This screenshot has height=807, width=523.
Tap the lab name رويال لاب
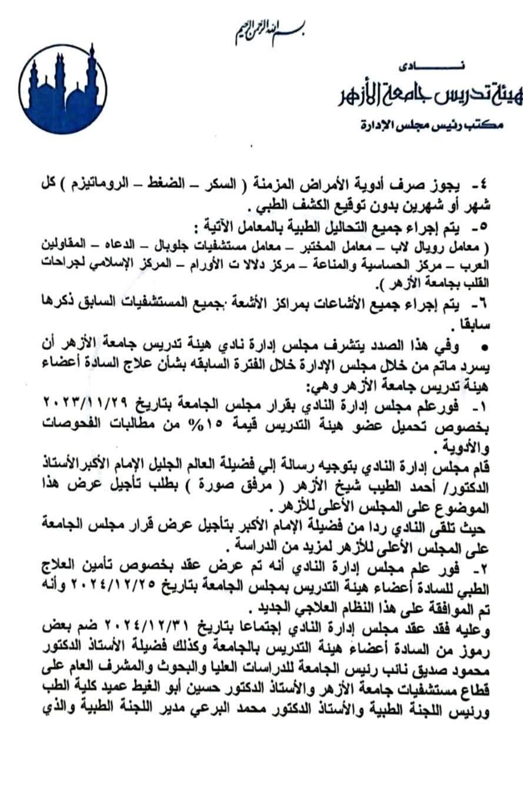tap(424, 243)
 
